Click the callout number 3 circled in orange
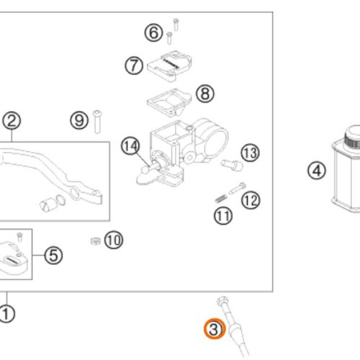pyautogui.click(x=215, y=329)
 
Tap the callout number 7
pyautogui.click(x=134, y=66)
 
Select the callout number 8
pyautogui.click(x=205, y=94)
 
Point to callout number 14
pyautogui.click(x=130, y=145)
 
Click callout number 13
pyautogui.click(x=251, y=153)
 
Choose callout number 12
pyautogui.click(x=251, y=200)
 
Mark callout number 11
pyautogui.click(x=223, y=215)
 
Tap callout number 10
pyautogui.click(x=114, y=240)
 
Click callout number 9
pyautogui.click(x=79, y=120)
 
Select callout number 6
pyautogui.click(x=153, y=32)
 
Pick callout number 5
pyautogui.click(x=53, y=255)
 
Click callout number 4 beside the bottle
pyautogui.click(x=317, y=171)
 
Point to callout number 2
pyautogui.click(x=12, y=121)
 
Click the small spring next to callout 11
pyautogui.click(x=221, y=199)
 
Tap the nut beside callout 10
pyautogui.click(x=95, y=240)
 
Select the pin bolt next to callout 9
pyautogui.click(x=97, y=122)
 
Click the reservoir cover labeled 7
pyautogui.click(x=169, y=66)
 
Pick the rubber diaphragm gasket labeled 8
pyautogui.click(x=169, y=102)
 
